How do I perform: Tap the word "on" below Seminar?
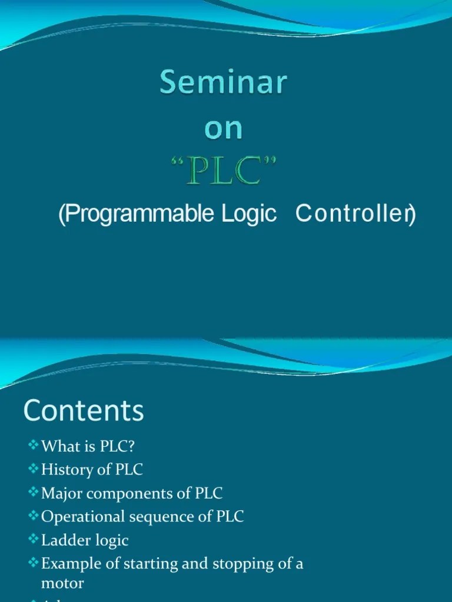click(x=224, y=130)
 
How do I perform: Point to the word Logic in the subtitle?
click(x=250, y=215)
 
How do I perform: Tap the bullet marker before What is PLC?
click(x=33, y=446)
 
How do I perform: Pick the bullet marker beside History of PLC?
click(x=33, y=469)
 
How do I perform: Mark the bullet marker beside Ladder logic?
click(x=33, y=540)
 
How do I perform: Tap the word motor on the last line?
click(x=62, y=583)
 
